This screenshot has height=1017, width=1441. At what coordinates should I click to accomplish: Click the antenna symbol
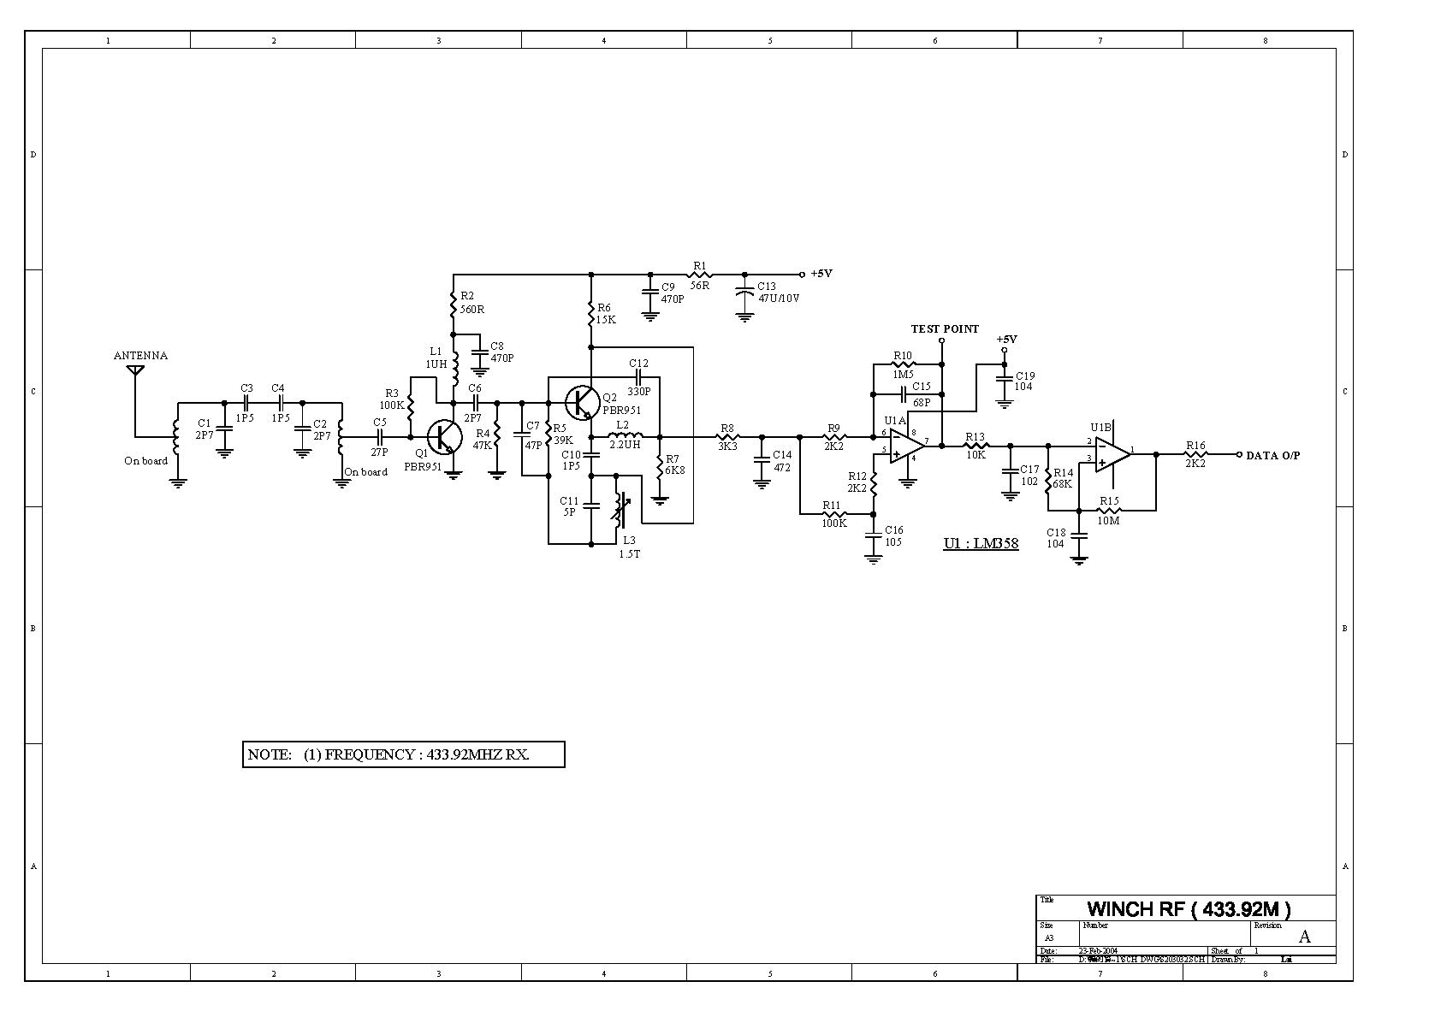point(134,370)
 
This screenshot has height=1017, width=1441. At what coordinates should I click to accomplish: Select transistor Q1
point(446,436)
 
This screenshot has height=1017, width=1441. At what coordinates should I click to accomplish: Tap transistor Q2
point(582,400)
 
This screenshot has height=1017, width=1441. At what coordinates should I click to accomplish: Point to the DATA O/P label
point(1272,456)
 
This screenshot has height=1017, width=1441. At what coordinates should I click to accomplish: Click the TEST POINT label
point(945,329)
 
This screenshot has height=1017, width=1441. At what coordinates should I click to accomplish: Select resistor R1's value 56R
point(700,286)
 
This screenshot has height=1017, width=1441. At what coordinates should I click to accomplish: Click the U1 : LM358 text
point(981,543)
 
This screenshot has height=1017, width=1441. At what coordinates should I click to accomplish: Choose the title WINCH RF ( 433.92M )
point(1189,908)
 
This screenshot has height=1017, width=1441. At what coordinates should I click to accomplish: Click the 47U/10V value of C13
point(780,299)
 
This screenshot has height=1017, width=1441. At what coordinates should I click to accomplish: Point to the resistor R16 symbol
point(1195,454)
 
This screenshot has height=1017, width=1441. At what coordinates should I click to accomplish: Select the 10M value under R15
point(1108,520)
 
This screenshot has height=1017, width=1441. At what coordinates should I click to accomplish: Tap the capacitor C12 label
point(638,364)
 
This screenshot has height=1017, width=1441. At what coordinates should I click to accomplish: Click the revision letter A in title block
point(1304,937)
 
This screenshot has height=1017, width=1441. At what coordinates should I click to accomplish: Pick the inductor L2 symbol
point(626,436)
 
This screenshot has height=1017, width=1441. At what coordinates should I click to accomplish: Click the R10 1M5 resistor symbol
point(903,365)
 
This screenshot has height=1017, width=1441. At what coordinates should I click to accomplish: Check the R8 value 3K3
point(727,446)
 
